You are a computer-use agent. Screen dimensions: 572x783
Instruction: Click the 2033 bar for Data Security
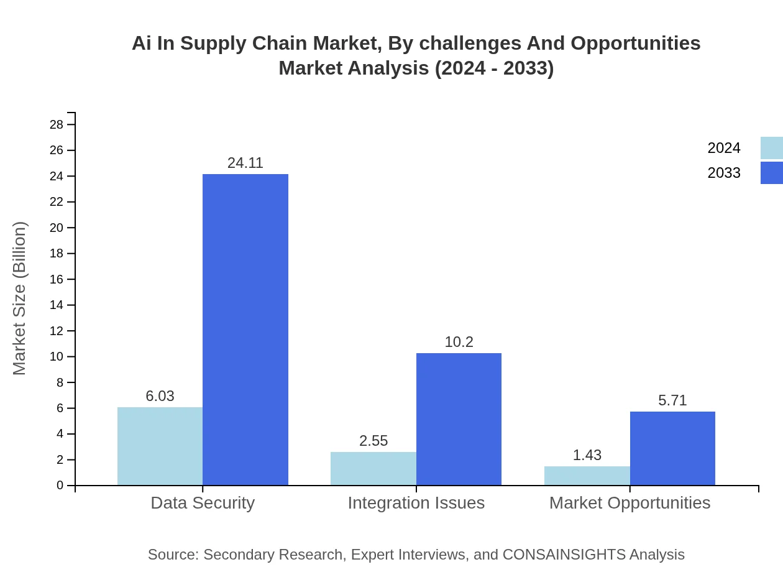coord(245,330)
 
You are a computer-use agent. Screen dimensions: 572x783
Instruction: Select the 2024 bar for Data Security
coord(160,446)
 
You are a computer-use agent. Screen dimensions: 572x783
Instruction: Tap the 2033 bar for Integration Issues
coord(459,419)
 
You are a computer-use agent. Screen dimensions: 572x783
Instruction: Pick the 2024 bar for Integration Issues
coord(373,468)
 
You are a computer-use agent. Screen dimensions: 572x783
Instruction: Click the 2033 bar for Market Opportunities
coord(672,448)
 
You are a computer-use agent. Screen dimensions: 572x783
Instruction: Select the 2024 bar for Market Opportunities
coord(587,476)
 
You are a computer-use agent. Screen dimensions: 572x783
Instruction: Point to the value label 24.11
coord(245,163)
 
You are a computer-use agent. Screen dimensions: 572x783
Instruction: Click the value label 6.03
coord(160,396)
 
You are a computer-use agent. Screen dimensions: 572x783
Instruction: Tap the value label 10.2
coord(459,342)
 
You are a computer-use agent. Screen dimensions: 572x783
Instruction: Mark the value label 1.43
coord(587,455)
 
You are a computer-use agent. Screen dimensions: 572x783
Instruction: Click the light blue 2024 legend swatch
coord(771,148)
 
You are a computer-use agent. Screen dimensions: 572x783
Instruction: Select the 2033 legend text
coord(724,173)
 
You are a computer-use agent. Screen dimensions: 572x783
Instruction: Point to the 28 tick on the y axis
coord(57,124)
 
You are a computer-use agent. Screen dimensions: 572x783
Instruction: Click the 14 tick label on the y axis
coord(57,305)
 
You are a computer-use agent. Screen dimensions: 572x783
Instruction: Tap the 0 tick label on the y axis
coord(60,486)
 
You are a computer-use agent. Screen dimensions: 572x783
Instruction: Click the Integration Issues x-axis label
coord(416,503)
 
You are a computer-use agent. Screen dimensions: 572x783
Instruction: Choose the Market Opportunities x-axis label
coord(630,503)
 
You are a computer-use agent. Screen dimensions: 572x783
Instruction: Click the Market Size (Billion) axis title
coord(19,298)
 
